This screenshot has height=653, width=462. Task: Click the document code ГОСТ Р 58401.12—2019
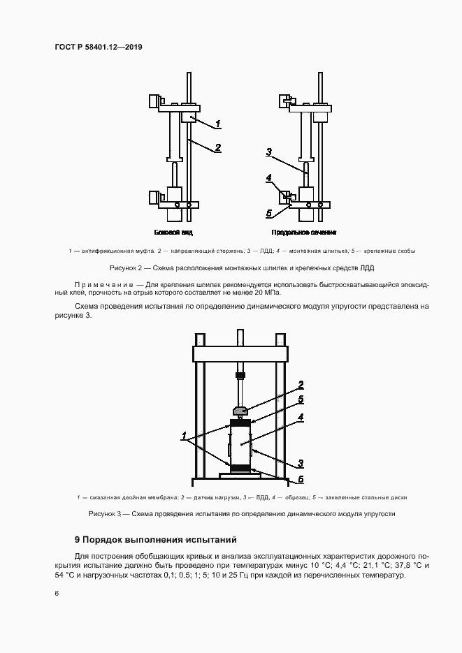98,47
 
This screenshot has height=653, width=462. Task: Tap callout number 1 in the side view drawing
218,124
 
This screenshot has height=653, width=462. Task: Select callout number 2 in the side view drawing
218,147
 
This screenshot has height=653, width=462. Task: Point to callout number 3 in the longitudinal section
269,151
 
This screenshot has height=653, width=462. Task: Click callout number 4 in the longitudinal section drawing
269,179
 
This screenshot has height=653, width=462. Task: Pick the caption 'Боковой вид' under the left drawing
173,232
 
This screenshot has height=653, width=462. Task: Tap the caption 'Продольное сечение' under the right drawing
304,232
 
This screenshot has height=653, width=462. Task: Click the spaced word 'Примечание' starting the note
102,284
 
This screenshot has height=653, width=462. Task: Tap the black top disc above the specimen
239,422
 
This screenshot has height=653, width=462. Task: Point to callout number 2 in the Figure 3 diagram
301,384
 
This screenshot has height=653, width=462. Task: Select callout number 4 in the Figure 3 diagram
301,418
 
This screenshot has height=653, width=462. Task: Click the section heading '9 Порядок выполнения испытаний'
156,540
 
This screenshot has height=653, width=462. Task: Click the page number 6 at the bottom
56,593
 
